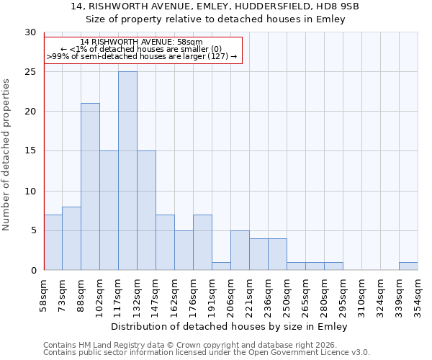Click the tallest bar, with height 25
pos(127,171)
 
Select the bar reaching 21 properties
pos(90,186)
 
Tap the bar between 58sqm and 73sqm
pos(53,242)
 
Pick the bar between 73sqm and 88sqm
pos(71,238)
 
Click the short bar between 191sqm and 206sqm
pos(221,266)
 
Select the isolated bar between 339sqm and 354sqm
pos(408,266)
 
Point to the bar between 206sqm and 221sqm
pos(240,250)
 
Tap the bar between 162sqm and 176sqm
pos(184,250)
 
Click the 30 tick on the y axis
pos(30,32)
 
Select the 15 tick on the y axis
pos(30,151)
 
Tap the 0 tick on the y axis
pos(32,270)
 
